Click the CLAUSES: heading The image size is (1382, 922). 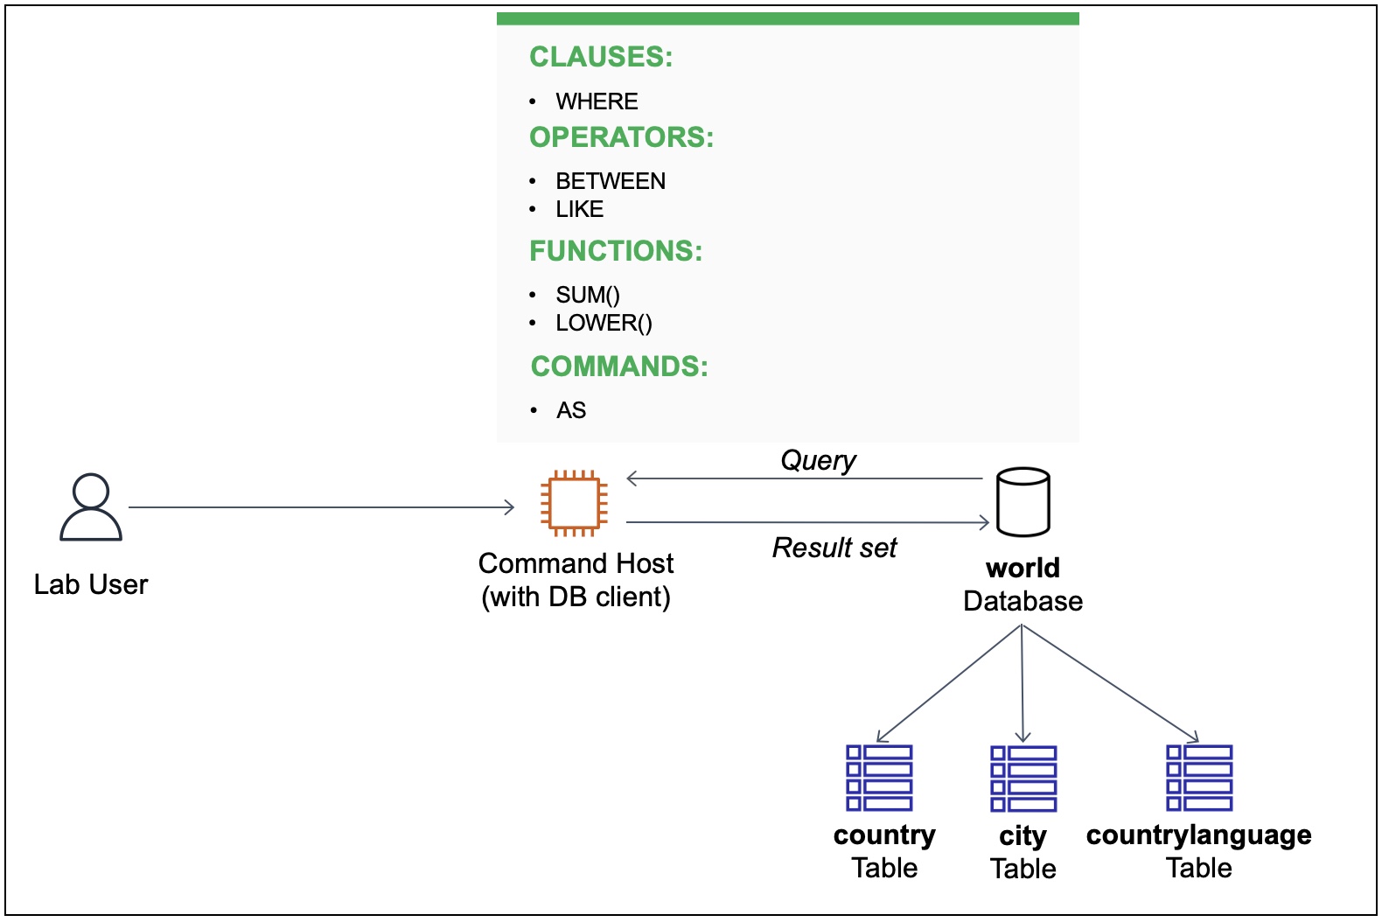click(601, 57)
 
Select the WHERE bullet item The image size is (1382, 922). click(597, 101)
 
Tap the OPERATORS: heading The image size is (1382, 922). click(621, 137)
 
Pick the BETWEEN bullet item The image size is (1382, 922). click(611, 181)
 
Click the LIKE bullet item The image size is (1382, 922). click(579, 209)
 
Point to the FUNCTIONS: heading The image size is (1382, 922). click(616, 251)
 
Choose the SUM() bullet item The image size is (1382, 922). click(587, 295)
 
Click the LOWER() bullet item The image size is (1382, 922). click(604, 323)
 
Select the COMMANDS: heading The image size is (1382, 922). click(619, 367)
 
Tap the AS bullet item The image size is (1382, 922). click(571, 410)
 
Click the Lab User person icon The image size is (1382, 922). click(91, 507)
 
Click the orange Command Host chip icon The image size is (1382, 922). click(574, 503)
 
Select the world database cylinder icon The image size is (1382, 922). click(1023, 502)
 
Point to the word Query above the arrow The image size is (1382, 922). click(818, 460)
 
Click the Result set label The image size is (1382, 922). click(834, 548)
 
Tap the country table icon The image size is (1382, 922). click(879, 778)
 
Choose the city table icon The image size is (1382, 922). click(1023, 779)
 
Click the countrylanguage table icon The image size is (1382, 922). click(1199, 778)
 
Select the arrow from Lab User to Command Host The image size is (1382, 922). click(321, 506)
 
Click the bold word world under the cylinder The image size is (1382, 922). click(1023, 568)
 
